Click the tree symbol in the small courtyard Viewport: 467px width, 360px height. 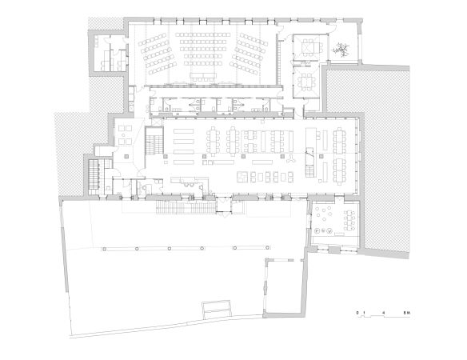point(343,48)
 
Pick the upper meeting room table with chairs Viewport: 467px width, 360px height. point(308,48)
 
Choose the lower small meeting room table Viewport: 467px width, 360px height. point(306,82)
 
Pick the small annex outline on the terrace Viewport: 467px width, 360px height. point(284,284)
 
